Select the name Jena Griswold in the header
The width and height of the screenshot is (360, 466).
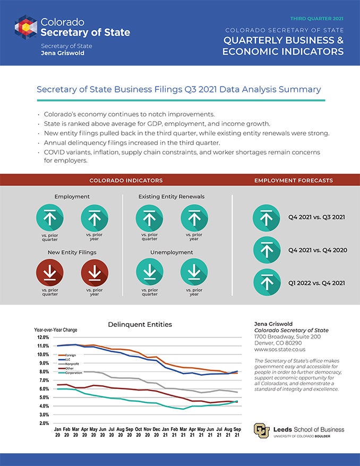click(x=63, y=53)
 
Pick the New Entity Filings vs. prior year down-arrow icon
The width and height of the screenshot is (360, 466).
click(x=95, y=273)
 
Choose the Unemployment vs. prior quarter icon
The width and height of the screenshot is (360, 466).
click(x=150, y=273)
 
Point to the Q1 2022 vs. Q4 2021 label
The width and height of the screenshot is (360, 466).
click(x=316, y=283)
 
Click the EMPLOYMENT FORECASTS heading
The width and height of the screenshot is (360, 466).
click(x=294, y=181)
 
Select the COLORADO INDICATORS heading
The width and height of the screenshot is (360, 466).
click(x=126, y=181)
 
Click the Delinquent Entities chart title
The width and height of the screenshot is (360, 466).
click(x=140, y=324)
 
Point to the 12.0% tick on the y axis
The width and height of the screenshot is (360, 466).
click(x=43, y=337)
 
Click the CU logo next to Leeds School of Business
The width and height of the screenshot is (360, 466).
click(x=261, y=429)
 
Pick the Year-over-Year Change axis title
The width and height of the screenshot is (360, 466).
click(x=56, y=330)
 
